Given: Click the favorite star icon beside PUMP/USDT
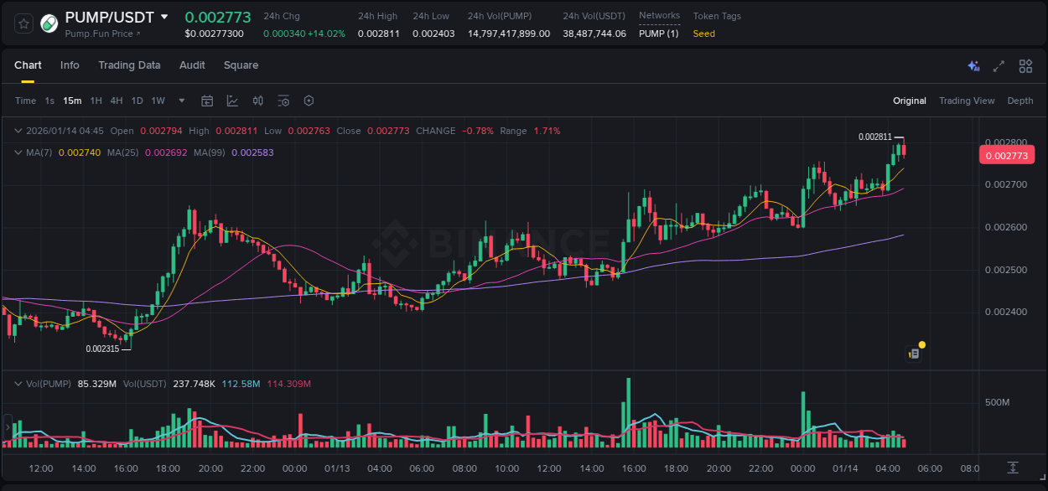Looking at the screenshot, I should (x=24, y=23).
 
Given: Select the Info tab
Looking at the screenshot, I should (x=70, y=65).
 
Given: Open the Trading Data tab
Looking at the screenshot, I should (x=129, y=65).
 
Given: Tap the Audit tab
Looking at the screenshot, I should (x=192, y=65).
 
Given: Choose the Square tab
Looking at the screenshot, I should (x=241, y=65).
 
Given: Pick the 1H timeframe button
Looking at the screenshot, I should (x=96, y=101).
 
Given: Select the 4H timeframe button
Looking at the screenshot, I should (x=117, y=101).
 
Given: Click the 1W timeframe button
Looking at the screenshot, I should (x=158, y=101).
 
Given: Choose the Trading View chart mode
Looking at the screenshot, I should (x=966, y=101).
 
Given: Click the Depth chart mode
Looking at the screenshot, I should (x=1019, y=101).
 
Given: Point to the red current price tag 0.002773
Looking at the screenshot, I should (x=1006, y=155).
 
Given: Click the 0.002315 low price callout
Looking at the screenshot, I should (x=102, y=349).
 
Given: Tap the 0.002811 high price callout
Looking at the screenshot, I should (x=874, y=137).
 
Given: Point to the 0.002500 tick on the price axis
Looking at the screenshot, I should (x=1005, y=270).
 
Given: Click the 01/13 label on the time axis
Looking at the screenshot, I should (x=337, y=468).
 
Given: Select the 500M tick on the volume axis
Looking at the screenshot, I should (x=997, y=403).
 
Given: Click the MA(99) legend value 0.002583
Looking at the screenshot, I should (x=252, y=152).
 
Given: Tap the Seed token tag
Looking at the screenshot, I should (x=703, y=34).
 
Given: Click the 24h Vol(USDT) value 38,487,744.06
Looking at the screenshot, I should (x=594, y=34).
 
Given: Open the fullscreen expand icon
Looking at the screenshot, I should (x=999, y=66).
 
